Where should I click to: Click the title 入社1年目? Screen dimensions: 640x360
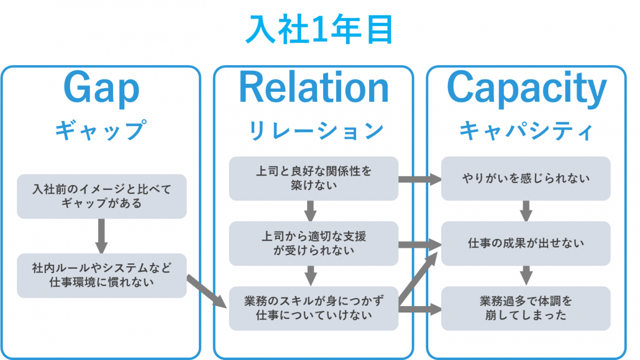pyautogui.click(x=319, y=29)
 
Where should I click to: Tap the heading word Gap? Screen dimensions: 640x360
pyautogui.click(x=101, y=89)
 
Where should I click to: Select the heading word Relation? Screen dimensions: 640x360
pyautogui.click(x=314, y=87)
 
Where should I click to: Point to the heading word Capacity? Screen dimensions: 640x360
pyautogui.click(x=526, y=89)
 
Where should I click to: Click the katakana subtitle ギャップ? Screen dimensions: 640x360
pyautogui.click(x=101, y=130)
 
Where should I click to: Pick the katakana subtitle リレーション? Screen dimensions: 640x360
pyautogui.click(x=316, y=130)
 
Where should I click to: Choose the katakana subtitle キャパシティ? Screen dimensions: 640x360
pyautogui.click(x=526, y=131)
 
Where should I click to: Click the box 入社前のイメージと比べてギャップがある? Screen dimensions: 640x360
pyautogui.click(x=102, y=197)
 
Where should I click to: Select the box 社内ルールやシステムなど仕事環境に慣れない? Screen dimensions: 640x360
pyautogui.click(x=102, y=276)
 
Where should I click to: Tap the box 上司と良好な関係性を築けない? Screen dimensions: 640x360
pyautogui.click(x=314, y=179)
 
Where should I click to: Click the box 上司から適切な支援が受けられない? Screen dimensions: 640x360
pyautogui.click(x=314, y=243)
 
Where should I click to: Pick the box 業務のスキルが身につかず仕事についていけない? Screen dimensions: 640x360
pyautogui.click(x=314, y=309)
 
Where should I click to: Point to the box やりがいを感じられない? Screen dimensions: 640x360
pyautogui.click(x=526, y=179)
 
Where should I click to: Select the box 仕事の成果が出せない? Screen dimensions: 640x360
pyautogui.click(x=526, y=243)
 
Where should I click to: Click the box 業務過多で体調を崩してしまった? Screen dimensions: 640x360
pyautogui.click(x=526, y=309)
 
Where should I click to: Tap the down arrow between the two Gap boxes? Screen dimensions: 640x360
pyautogui.click(x=101, y=236)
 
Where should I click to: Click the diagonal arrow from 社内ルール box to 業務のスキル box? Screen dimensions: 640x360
pyautogui.click(x=207, y=291)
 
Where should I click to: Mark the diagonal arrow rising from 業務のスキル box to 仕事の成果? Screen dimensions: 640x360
pyautogui.click(x=418, y=278)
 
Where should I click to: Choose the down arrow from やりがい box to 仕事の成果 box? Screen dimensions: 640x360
pyautogui.click(x=526, y=211)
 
